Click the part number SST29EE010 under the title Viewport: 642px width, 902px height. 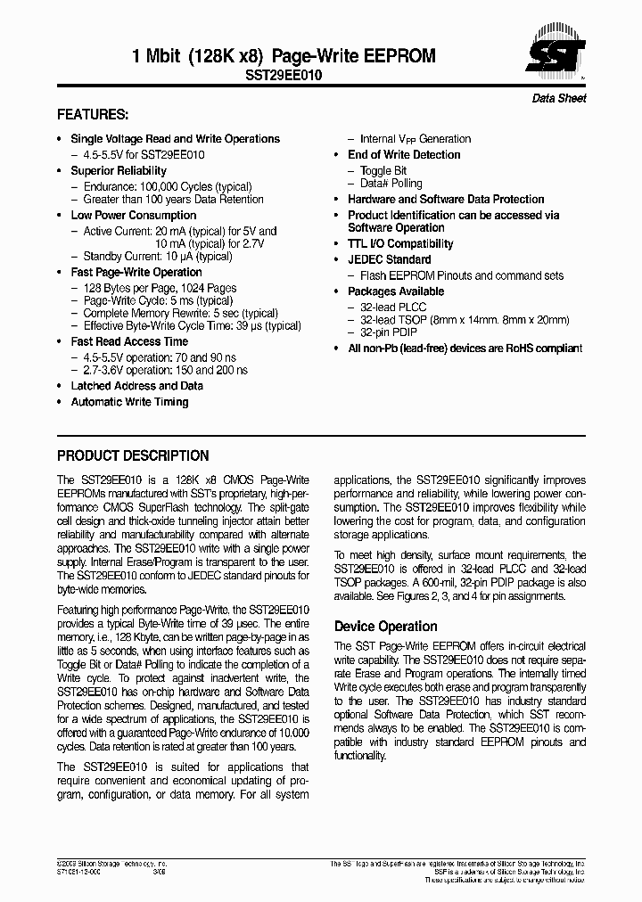[284, 77]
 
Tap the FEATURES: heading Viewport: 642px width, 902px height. [93, 115]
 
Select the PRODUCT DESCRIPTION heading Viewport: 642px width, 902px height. [133, 455]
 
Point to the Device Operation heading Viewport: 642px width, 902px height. [385, 627]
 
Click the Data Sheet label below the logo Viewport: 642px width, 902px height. [559, 99]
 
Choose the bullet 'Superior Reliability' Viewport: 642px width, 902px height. [119, 171]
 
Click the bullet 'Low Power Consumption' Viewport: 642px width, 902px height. [134, 216]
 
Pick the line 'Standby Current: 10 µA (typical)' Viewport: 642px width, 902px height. [158, 257]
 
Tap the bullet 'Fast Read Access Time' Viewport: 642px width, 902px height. [129, 342]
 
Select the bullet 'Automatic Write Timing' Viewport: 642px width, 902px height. [129, 403]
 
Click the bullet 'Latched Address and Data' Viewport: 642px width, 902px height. [136, 386]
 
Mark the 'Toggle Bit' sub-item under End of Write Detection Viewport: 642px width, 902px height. [383, 171]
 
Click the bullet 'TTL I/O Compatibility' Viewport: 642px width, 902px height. [400, 244]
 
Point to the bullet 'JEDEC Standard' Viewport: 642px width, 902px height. [389, 260]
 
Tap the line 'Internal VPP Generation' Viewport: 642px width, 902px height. [415, 139]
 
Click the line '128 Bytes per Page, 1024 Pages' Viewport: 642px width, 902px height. [160, 289]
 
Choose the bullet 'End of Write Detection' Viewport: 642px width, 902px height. [404, 155]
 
